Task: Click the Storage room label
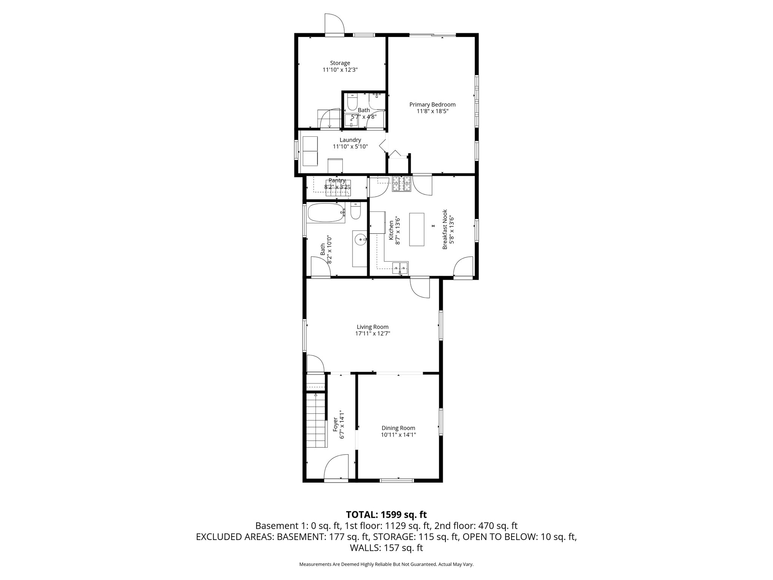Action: click(x=340, y=63)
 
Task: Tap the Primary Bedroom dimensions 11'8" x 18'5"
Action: click(x=433, y=111)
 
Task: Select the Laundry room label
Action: click(x=350, y=140)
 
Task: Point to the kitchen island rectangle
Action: click(x=417, y=230)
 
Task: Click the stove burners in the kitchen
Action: click(x=401, y=184)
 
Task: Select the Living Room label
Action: click(x=373, y=327)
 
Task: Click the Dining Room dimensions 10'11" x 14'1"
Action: click(x=398, y=435)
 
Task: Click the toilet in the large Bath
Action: click(x=356, y=212)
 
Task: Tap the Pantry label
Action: click(x=337, y=180)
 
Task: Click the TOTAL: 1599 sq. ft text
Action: click(x=386, y=514)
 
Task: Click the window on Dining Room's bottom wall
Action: click(x=397, y=480)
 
